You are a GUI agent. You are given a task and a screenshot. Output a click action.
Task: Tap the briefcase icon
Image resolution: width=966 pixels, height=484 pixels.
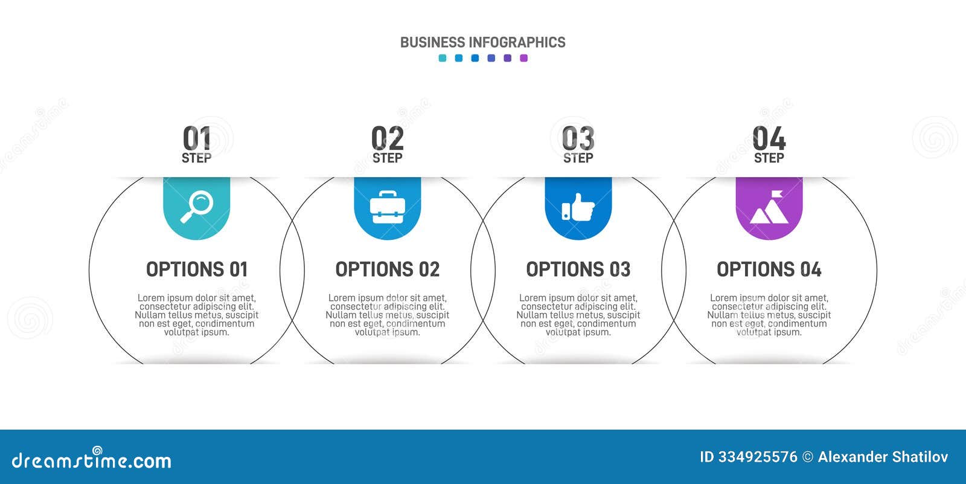[387, 207]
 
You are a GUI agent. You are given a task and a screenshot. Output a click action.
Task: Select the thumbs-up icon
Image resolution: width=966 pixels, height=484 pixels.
[578, 207]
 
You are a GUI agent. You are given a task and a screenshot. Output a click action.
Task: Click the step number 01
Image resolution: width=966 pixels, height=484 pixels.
[197, 138]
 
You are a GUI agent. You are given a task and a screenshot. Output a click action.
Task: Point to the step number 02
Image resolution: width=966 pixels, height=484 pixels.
[387, 138]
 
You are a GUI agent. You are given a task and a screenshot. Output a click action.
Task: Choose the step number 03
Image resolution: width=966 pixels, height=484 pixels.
[578, 138]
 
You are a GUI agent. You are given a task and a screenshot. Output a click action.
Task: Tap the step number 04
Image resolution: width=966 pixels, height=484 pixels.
[769, 138]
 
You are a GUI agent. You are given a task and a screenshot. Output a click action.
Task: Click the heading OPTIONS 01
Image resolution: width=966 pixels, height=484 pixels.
[197, 269]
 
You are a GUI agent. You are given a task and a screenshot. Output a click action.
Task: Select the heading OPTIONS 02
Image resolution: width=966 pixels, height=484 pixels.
[387, 269]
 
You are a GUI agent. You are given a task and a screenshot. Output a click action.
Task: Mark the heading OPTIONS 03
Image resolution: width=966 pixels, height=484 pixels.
[578, 269]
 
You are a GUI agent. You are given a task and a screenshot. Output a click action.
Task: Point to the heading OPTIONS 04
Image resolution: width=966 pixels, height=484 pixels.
[769, 269]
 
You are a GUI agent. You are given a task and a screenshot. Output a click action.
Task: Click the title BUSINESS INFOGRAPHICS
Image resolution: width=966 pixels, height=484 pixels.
[482, 42]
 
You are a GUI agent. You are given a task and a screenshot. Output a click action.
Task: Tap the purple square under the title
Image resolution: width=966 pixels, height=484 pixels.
[523, 58]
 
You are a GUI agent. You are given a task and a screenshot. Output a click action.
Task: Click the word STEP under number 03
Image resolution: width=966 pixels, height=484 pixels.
[578, 158]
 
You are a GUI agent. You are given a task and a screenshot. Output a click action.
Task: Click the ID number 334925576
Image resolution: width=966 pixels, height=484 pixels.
[757, 457]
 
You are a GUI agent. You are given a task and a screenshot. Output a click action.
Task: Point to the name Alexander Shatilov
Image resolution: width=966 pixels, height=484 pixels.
[883, 457]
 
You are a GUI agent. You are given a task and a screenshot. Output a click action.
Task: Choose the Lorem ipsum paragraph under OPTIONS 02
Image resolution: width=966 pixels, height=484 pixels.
[387, 315]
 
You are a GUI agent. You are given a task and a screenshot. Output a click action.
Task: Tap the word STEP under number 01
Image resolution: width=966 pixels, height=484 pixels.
[197, 158]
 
